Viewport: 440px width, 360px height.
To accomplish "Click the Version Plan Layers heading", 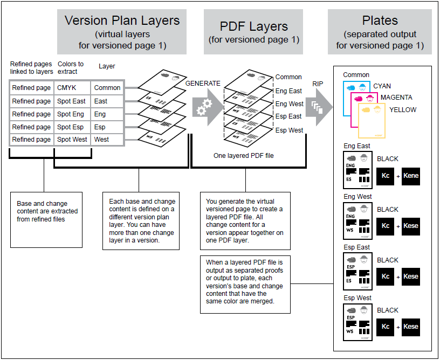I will pyautogui.click(x=122, y=21).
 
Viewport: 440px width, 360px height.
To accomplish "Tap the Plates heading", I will pyautogui.click(x=380, y=21).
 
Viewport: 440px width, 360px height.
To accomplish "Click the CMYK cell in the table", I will pyautogui.click(x=67, y=87).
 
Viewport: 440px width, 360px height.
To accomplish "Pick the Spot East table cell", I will pyautogui.click(x=71, y=101).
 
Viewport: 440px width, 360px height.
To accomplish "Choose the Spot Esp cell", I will pyautogui.click(x=71, y=127).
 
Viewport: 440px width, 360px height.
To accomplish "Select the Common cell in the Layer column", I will pyautogui.click(x=107, y=87).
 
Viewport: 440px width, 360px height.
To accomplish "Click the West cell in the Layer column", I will pyautogui.click(x=101, y=140).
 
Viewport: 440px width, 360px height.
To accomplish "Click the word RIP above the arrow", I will pyautogui.click(x=319, y=84).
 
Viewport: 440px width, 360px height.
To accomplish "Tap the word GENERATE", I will pyautogui.click(x=203, y=84).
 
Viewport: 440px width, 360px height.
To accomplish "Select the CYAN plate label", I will pyautogui.click(x=382, y=86).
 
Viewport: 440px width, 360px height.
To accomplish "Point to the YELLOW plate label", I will pyautogui.click(x=402, y=110).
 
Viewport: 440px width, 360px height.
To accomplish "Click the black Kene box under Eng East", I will pyautogui.click(x=410, y=176).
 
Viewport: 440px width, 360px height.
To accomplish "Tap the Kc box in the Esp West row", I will pyautogui.click(x=386, y=327).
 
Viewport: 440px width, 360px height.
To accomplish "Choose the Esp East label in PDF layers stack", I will pyautogui.click(x=288, y=116).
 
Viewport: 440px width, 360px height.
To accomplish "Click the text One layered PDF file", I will pyautogui.click(x=243, y=155).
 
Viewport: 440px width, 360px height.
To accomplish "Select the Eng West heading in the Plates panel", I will pyautogui.click(x=357, y=197).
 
